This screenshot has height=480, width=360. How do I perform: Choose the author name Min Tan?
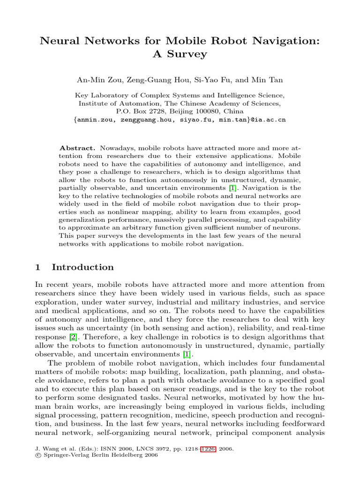(268, 81)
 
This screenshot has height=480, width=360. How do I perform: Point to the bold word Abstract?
(78, 147)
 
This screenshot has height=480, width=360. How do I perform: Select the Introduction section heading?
(82, 267)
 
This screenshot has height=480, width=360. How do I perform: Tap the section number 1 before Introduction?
(38, 267)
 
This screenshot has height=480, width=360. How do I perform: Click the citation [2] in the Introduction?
(73, 337)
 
